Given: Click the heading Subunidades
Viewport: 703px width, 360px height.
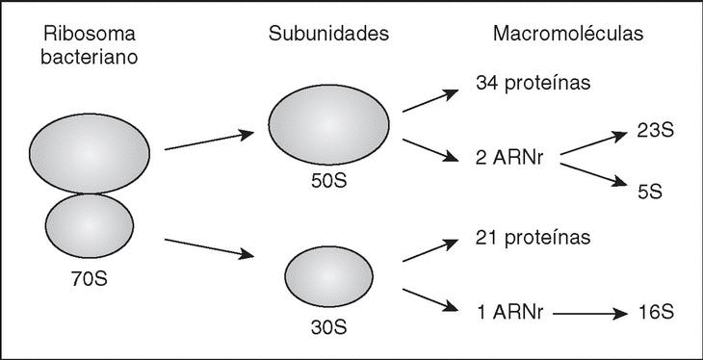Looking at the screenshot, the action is pyautogui.click(x=328, y=34).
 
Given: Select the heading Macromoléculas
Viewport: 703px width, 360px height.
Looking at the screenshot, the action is pyautogui.click(x=568, y=34).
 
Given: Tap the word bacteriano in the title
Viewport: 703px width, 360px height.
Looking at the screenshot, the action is pyautogui.click(x=90, y=58).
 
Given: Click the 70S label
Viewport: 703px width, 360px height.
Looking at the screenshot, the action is pyautogui.click(x=90, y=279).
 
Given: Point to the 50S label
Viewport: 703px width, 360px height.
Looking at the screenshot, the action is pyautogui.click(x=328, y=183).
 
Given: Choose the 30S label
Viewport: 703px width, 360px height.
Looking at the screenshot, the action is pyautogui.click(x=328, y=327).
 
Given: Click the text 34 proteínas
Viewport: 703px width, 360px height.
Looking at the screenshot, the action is pyautogui.click(x=534, y=84).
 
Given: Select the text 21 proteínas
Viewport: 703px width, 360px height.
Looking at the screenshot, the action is pyautogui.click(x=534, y=238).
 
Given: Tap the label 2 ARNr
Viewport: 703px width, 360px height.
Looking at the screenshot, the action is pyautogui.click(x=509, y=159).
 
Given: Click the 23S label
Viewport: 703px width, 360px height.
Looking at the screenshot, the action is pyautogui.click(x=655, y=131).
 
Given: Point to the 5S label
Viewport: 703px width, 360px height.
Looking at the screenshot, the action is pyautogui.click(x=650, y=192).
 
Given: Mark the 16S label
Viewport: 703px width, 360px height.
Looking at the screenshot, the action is pyautogui.click(x=655, y=313).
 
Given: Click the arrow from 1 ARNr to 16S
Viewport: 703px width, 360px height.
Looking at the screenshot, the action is pyautogui.click(x=590, y=314).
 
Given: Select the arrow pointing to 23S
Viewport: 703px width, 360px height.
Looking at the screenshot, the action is pyautogui.click(x=593, y=143).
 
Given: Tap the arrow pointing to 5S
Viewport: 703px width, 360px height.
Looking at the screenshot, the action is pyautogui.click(x=593, y=175).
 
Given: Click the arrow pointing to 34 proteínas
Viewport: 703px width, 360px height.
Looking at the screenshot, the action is pyautogui.click(x=430, y=100).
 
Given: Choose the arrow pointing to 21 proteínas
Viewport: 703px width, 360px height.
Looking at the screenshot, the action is pyautogui.click(x=430, y=250).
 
